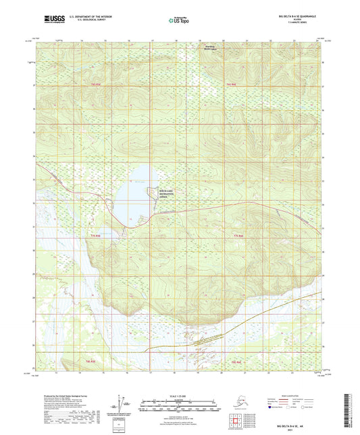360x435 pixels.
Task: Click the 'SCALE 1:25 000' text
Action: point(178,396)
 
